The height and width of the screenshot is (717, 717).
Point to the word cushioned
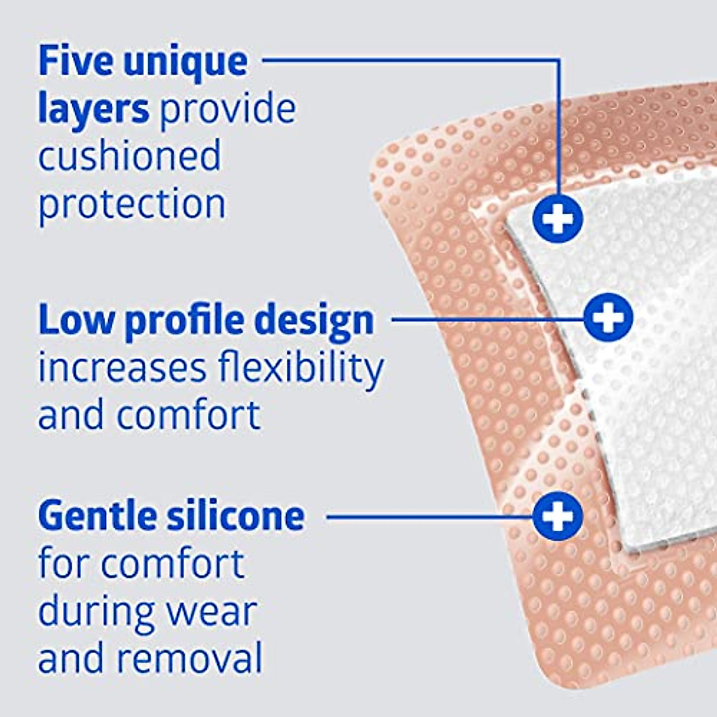click(130, 155)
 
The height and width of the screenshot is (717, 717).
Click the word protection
click(132, 204)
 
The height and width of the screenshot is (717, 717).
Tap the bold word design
click(315, 321)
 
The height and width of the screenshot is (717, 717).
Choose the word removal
click(189, 658)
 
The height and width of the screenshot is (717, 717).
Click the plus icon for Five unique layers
click(557, 219)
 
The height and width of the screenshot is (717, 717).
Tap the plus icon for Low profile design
click(608, 317)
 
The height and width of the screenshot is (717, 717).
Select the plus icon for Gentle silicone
click(557, 515)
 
